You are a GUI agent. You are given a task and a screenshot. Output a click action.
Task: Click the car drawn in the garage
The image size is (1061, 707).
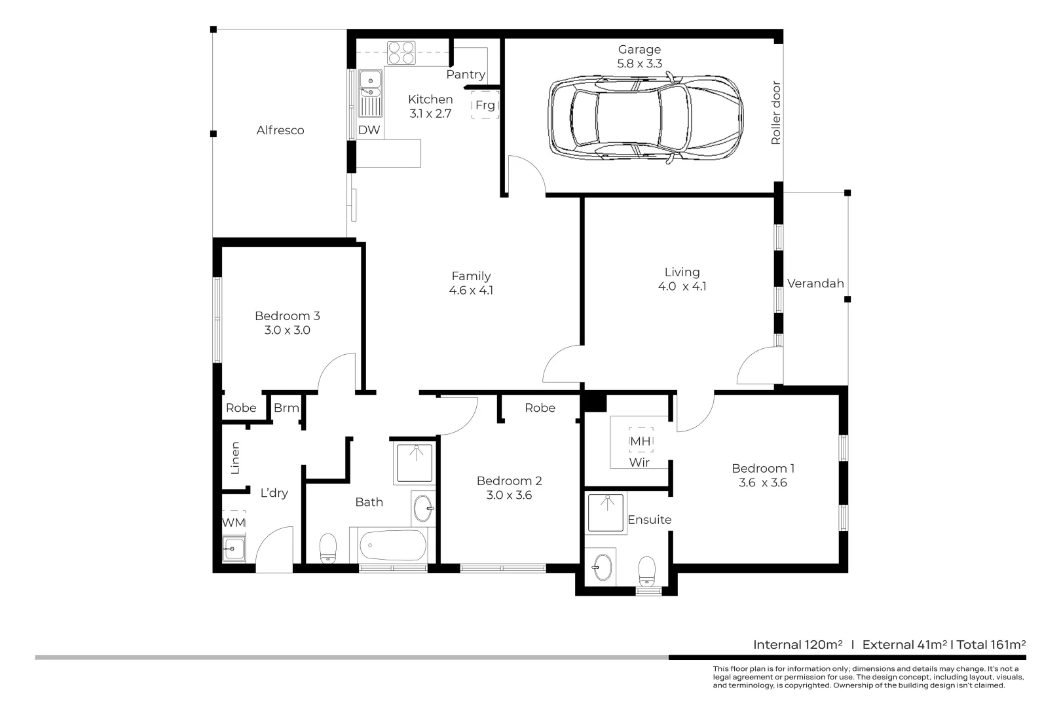coord(645,118)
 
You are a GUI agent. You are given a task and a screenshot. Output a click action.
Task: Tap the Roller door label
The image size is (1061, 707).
coord(776,113)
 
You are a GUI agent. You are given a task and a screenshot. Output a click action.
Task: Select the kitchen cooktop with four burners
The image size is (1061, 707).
coord(401,52)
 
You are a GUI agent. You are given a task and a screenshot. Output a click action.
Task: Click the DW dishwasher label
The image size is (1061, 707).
coord(369,130)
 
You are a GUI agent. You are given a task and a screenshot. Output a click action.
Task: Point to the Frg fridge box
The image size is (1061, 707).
coord(485,105)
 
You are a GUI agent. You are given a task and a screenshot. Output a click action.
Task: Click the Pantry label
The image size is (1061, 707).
coord(466,75)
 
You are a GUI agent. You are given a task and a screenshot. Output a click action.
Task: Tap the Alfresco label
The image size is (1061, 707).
coord(280,130)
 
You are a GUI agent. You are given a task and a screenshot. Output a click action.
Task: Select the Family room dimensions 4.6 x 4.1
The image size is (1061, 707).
coord(471,291)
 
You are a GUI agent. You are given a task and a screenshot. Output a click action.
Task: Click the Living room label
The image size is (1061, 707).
coord(682,272)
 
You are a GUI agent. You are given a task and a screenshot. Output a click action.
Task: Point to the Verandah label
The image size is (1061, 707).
coord(815,283)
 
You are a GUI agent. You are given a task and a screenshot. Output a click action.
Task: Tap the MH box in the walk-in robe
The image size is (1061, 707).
coord(640,441)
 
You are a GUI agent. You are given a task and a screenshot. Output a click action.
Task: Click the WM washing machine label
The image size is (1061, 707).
coord(234,522)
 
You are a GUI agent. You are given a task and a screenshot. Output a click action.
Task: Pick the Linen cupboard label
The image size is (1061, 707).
coord(235,458)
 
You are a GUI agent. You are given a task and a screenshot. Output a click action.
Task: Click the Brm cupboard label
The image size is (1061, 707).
coord(286,408)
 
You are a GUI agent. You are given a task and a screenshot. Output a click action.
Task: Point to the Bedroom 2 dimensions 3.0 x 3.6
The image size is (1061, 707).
coord(509,496)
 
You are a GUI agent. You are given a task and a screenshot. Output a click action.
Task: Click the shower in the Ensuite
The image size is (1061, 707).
coord(606,513)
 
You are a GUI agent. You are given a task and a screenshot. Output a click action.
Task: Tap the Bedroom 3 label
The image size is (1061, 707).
coord(287,316)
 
